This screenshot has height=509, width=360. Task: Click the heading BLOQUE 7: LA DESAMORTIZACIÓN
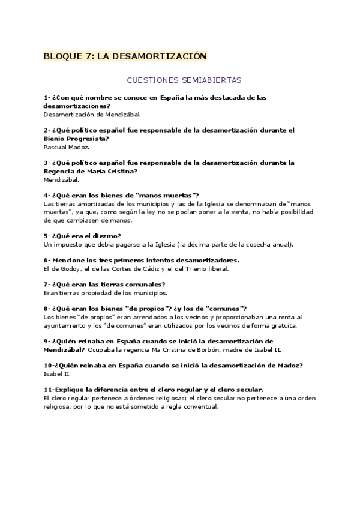(x=125, y=56)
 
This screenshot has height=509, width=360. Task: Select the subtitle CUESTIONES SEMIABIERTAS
(x=184, y=79)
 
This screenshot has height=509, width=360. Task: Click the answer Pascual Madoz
(x=67, y=146)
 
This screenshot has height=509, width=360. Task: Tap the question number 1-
(x=47, y=97)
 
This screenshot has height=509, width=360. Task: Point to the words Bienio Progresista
(x=77, y=138)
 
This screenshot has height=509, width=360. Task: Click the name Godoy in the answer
(x=68, y=268)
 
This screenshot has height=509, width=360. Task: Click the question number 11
(x=48, y=390)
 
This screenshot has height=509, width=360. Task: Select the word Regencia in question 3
(x=61, y=170)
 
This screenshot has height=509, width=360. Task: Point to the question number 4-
(x=47, y=195)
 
